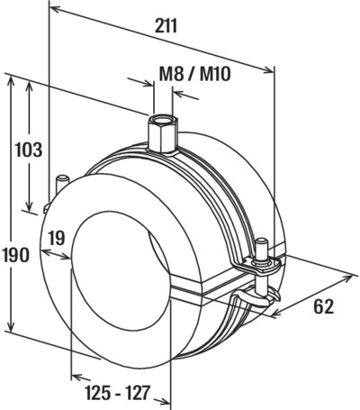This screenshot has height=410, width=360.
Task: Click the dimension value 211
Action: tap(166, 26)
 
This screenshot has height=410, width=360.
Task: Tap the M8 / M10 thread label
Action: tap(194, 74)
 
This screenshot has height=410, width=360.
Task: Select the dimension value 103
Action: tap(29, 150)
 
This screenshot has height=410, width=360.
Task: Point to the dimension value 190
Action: tap(16, 255)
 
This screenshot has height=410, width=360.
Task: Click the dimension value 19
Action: tap(56, 238)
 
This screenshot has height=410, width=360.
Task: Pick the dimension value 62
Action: tap(324, 307)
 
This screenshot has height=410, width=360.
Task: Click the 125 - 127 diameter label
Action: tap(117, 393)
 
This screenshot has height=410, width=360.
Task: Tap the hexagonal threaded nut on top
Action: tap(162, 132)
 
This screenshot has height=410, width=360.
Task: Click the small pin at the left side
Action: tap(63, 184)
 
